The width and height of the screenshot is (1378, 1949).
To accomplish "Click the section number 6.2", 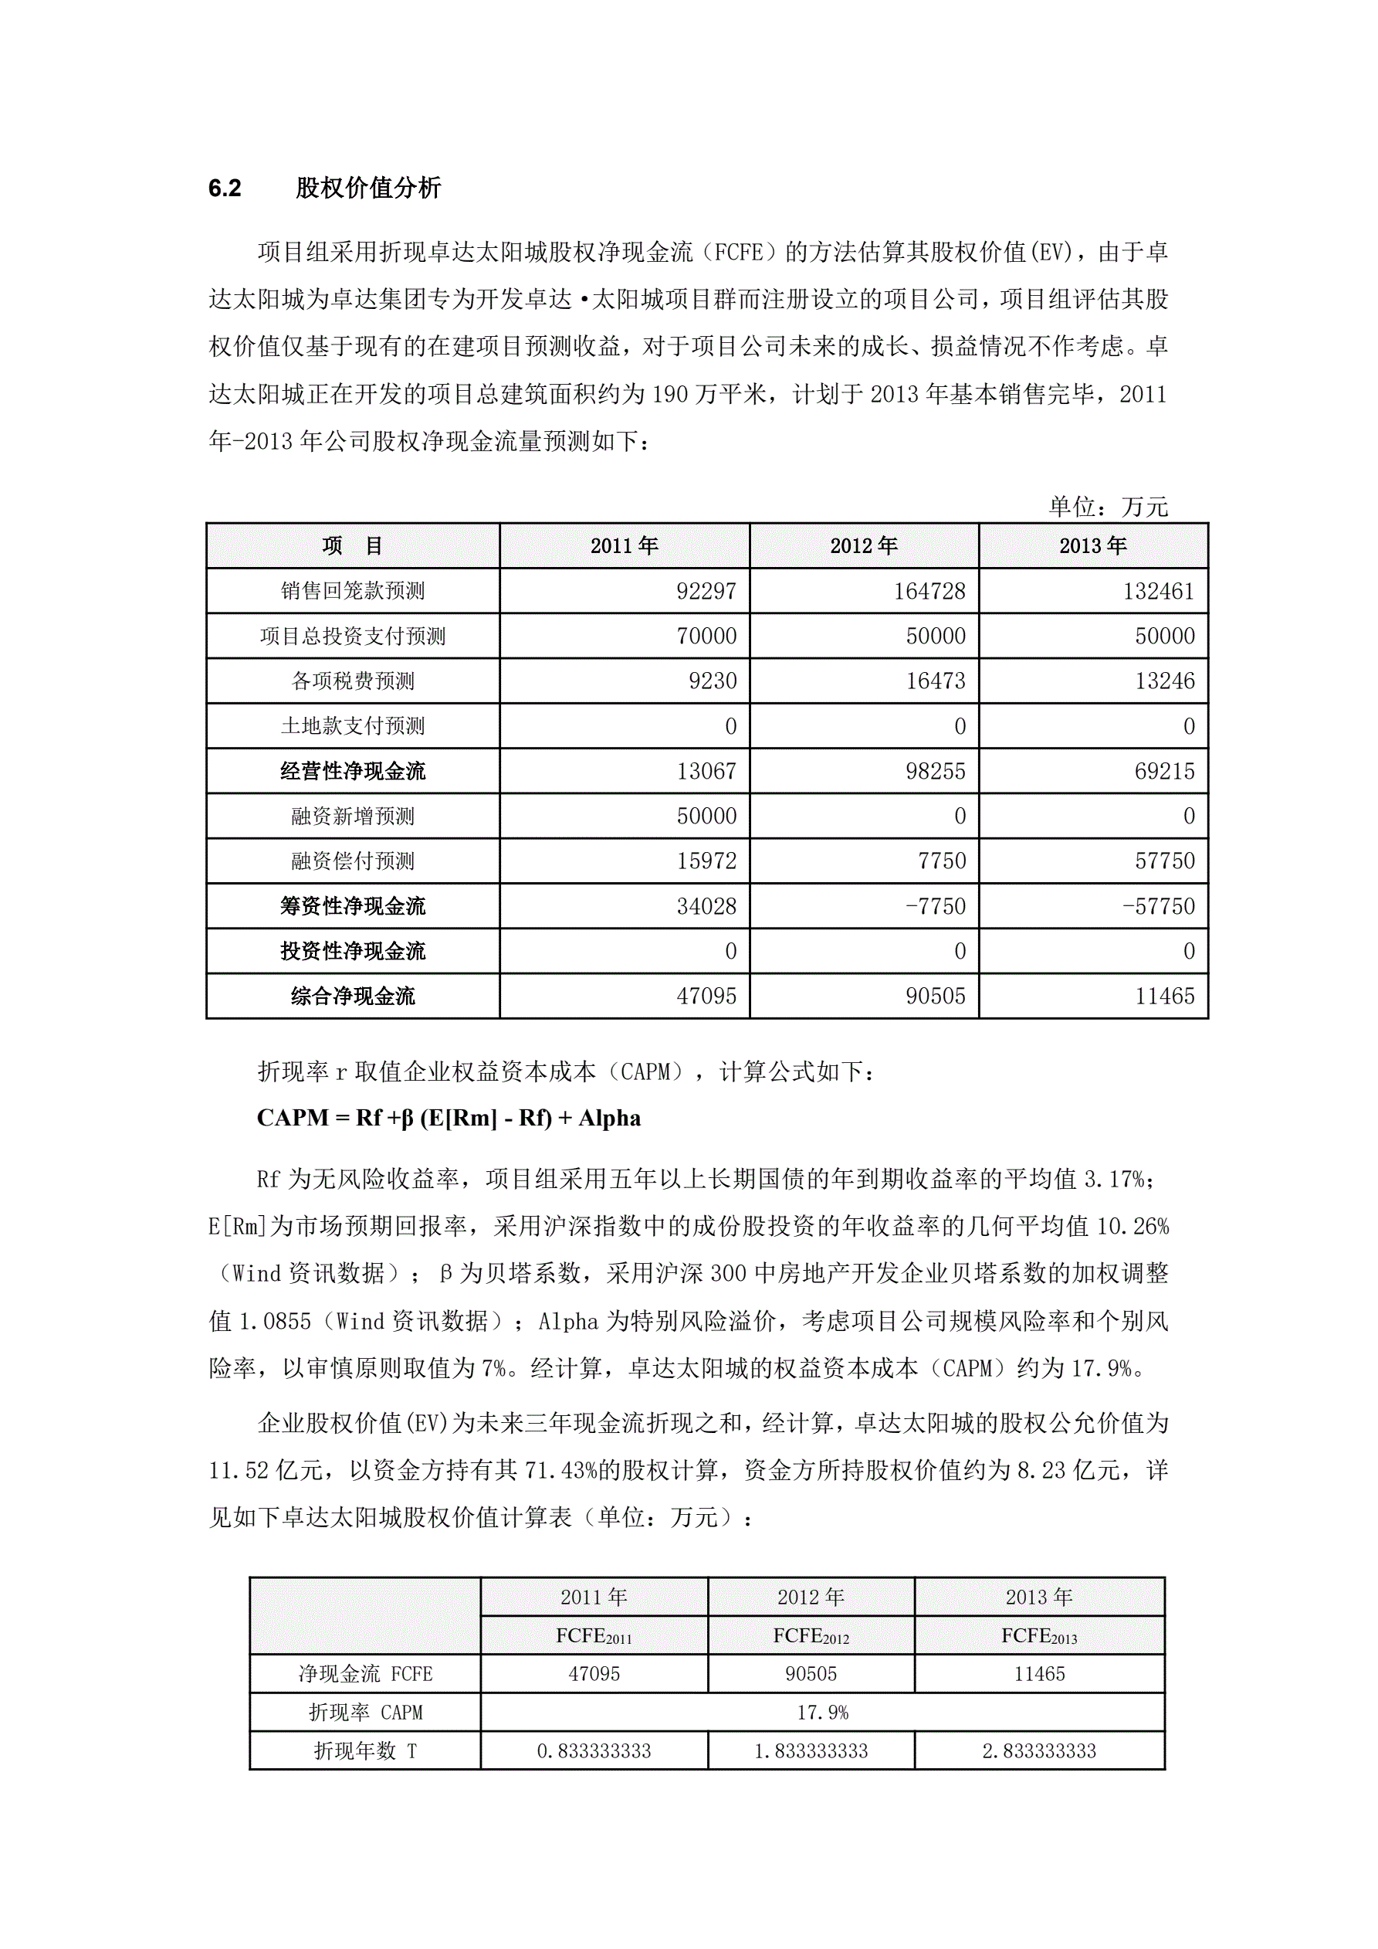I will point(225,188).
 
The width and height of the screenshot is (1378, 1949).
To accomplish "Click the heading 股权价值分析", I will point(368,188).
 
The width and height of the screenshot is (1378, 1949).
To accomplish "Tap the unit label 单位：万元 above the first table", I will point(1108,507).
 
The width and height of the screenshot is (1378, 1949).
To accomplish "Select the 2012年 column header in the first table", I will point(864,546).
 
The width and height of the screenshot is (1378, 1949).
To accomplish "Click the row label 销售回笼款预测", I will point(353,591).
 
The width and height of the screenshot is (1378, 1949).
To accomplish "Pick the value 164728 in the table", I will point(929,591).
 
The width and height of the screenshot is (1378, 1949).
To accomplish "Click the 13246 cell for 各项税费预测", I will point(1164,681).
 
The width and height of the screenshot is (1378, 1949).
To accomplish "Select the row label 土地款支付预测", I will point(353,726).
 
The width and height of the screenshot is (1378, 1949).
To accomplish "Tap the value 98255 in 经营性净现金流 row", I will point(935,771).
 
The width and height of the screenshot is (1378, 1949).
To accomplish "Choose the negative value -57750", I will point(1158,905).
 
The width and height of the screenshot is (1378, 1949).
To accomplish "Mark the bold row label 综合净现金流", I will point(353,996).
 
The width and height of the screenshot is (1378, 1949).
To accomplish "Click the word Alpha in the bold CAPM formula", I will point(609,1118).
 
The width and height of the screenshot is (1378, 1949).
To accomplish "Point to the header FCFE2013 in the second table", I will point(1038,1636).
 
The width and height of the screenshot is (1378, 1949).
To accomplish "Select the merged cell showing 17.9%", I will point(822,1712).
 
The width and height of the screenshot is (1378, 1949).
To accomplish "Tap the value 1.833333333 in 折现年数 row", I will point(811,1750).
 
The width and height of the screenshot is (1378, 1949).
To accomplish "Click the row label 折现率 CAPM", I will point(365,1712).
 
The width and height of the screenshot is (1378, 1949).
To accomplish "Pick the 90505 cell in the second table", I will point(811,1674).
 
